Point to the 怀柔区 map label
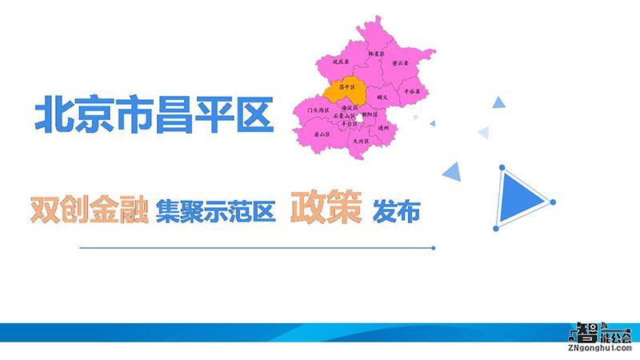375,54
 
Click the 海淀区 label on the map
348,107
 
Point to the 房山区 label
322,134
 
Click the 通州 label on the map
383,128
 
